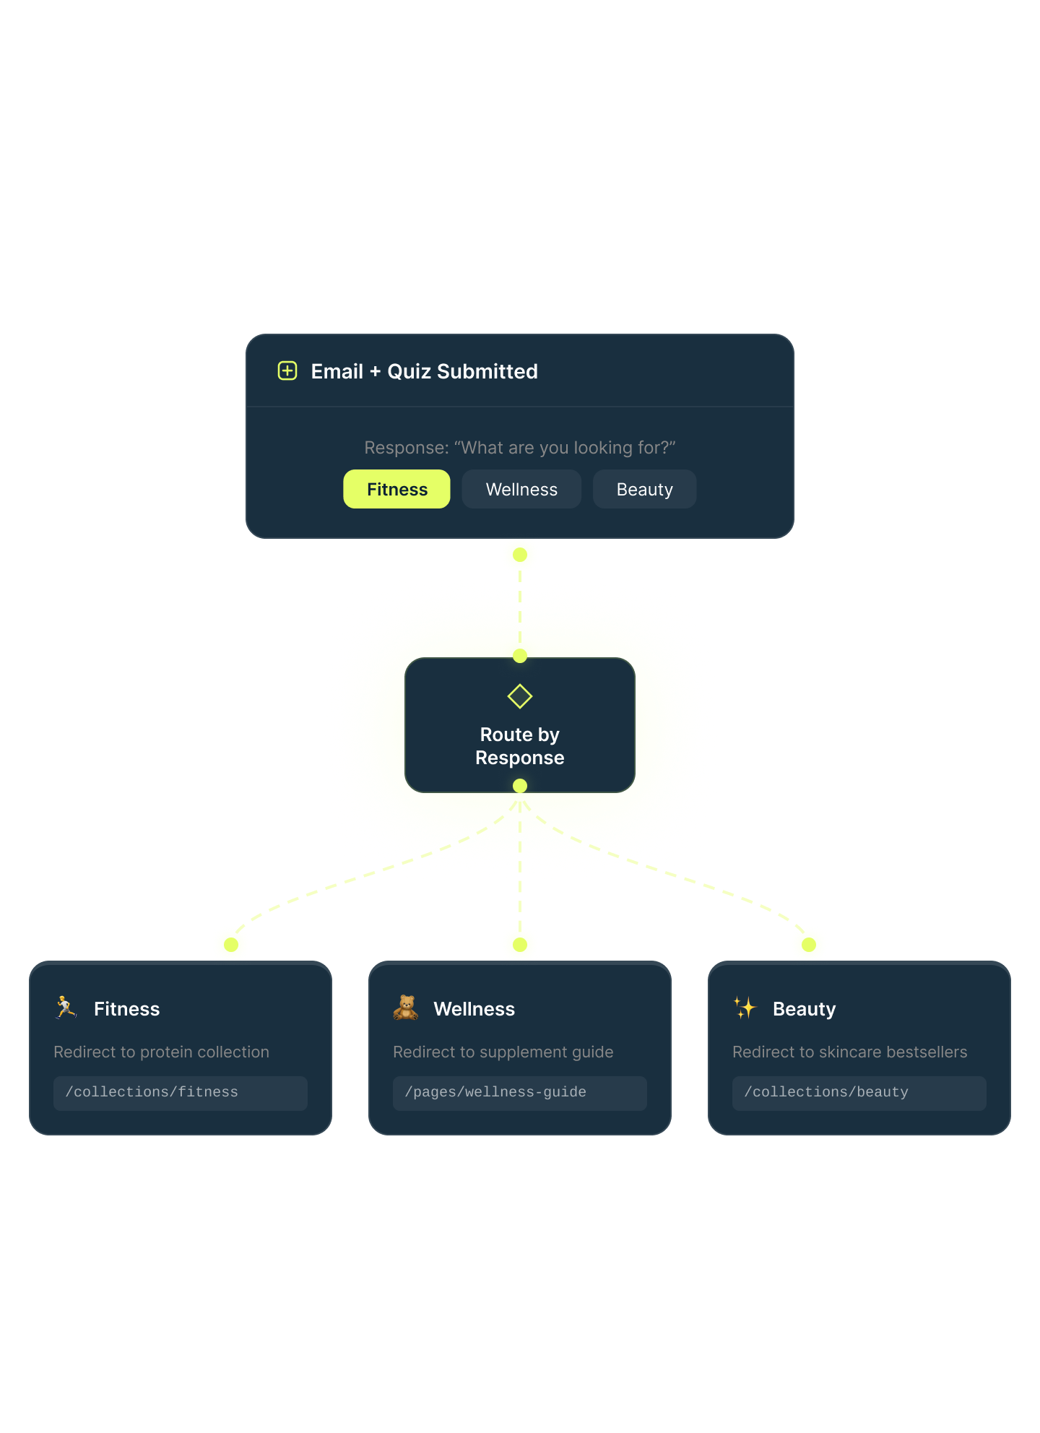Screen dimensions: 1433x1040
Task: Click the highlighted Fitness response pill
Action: click(x=396, y=489)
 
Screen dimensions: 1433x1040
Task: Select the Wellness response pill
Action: click(x=521, y=489)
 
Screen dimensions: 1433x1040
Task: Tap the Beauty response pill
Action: click(x=644, y=489)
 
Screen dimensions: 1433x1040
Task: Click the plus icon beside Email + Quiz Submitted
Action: click(x=287, y=371)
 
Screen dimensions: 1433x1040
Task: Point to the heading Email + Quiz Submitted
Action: click(x=424, y=371)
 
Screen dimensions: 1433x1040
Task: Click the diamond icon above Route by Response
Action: click(x=520, y=696)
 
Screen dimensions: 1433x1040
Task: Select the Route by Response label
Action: click(x=520, y=746)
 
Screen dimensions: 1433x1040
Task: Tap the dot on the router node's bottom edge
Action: click(x=520, y=786)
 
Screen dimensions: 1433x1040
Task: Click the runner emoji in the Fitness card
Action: click(x=66, y=1008)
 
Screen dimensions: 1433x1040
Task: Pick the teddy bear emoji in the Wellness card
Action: click(x=406, y=1008)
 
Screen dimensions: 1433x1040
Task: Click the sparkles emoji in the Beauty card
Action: click(x=745, y=1008)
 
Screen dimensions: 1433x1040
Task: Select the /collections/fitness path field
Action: click(x=181, y=1093)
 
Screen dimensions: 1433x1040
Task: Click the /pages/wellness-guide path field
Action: click(x=520, y=1093)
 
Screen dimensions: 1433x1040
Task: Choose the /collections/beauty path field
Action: click(x=859, y=1093)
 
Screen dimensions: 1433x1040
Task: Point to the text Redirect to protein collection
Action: click(x=161, y=1052)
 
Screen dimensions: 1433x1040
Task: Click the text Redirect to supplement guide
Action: click(x=503, y=1052)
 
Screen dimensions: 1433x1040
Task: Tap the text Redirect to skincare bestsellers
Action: click(x=849, y=1052)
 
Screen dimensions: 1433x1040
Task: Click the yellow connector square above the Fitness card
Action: click(x=231, y=943)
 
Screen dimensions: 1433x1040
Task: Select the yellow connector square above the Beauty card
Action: click(x=809, y=943)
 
